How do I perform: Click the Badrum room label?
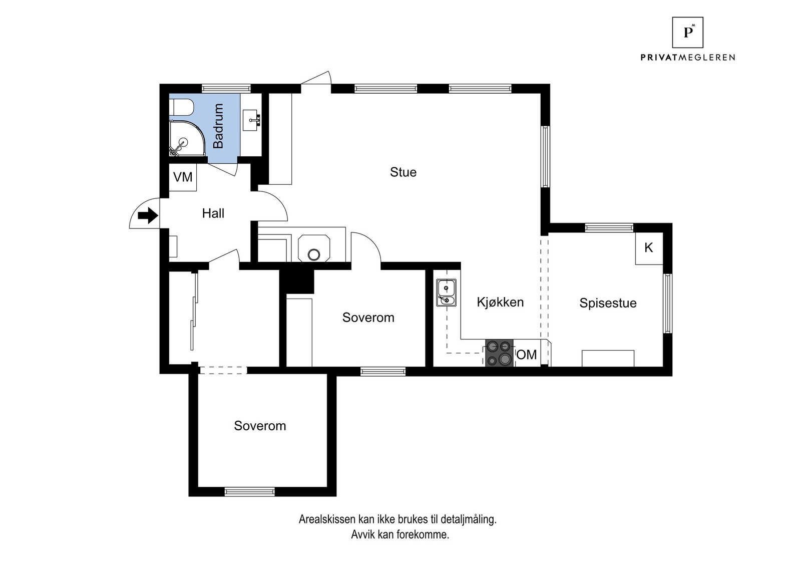218,126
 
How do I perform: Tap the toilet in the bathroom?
181,107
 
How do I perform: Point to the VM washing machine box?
183,177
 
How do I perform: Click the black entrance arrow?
148,216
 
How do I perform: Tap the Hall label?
213,213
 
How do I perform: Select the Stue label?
403,172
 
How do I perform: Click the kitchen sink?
446,293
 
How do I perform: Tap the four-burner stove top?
500,353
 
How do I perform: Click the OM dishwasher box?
527,355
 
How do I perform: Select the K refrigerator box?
649,248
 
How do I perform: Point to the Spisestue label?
608,303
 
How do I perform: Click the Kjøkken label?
500,302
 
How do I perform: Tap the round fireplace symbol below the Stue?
314,254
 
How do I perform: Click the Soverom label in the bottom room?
260,426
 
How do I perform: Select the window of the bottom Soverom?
249,491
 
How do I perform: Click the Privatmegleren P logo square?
687,33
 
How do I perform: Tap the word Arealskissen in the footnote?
327,519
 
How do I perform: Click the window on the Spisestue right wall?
667,304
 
